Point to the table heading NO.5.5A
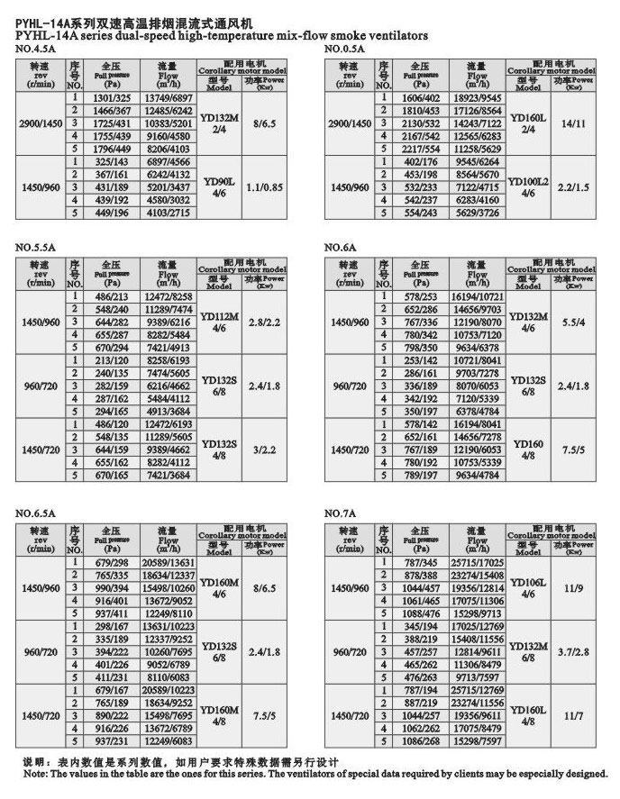(35, 243)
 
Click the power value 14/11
(573, 123)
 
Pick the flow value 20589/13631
(169, 562)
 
